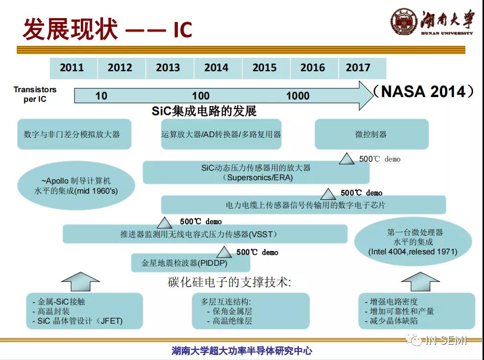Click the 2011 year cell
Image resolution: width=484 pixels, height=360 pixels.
click(x=74, y=68)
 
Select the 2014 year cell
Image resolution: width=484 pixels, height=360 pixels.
click(x=218, y=68)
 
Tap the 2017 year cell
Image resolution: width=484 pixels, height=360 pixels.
click(x=363, y=68)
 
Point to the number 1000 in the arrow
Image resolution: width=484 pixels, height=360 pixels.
click(x=298, y=96)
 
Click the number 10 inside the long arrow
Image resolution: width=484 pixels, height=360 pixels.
click(x=101, y=96)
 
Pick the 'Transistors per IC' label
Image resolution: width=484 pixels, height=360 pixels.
click(x=35, y=94)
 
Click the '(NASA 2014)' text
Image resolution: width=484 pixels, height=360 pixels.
click(x=423, y=92)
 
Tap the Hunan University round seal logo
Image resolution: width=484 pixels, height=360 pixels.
click(x=404, y=22)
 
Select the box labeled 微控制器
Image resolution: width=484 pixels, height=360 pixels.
click(x=372, y=134)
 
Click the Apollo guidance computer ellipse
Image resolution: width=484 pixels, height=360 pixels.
click(x=76, y=185)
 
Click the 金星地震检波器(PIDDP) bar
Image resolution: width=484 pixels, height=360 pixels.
click(x=190, y=263)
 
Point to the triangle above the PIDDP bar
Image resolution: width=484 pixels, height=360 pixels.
click(x=224, y=252)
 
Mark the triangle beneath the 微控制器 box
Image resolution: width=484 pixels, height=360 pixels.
click(x=347, y=159)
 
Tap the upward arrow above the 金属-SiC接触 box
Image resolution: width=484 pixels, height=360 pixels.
click(x=80, y=282)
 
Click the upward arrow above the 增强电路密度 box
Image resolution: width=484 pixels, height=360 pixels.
click(x=420, y=282)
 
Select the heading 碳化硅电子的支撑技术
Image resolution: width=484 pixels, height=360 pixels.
click(x=230, y=282)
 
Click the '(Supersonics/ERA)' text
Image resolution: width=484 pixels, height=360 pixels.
click(x=257, y=178)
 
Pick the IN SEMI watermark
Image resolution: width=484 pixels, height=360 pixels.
click(x=436, y=340)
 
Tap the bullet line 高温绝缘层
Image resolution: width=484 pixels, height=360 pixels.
click(x=230, y=321)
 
